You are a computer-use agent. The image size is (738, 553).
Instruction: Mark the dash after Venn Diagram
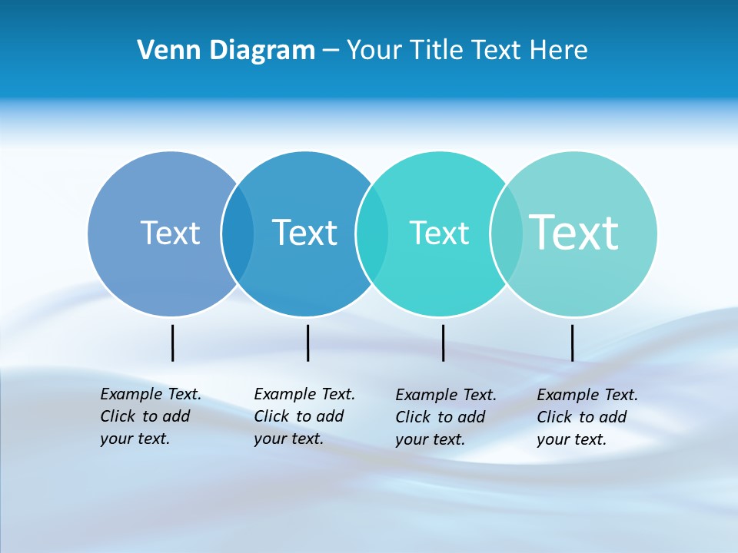click(331, 51)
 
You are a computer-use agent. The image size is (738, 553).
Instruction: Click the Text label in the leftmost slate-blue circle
click(170, 233)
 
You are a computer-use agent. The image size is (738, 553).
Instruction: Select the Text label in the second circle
click(304, 233)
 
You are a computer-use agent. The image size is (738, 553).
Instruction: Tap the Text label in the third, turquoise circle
click(439, 233)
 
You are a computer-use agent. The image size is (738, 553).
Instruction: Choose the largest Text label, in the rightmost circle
click(574, 232)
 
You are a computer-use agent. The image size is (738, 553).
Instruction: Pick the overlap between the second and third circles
click(372, 233)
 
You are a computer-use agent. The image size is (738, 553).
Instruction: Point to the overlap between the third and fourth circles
click(507, 233)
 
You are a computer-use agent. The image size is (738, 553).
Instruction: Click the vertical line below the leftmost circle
click(173, 343)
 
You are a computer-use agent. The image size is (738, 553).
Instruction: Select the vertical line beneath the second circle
click(307, 343)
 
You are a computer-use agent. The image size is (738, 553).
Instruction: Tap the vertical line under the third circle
click(443, 343)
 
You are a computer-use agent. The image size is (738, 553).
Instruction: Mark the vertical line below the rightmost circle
click(572, 343)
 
